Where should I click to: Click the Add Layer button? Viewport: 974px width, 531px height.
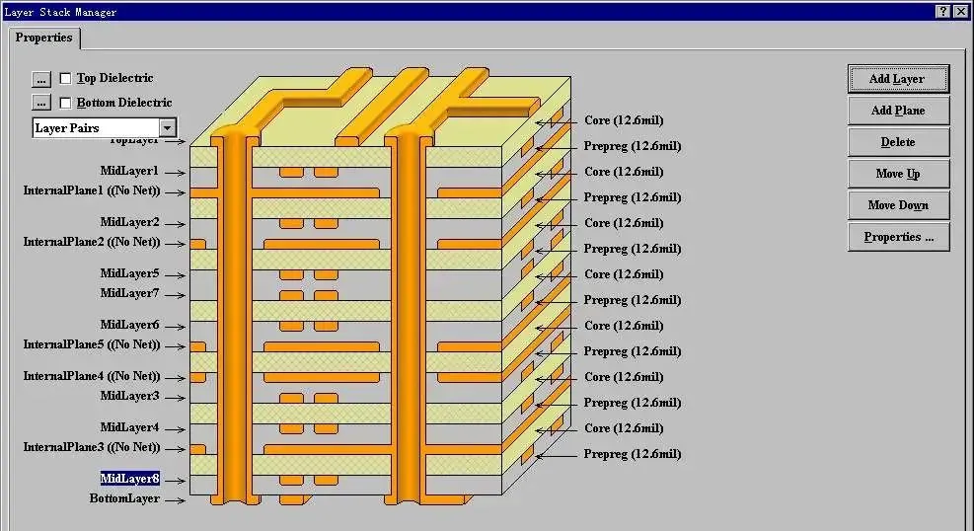click(x=897, y=79)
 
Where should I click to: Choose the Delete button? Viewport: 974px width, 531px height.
click(x=897, y=142)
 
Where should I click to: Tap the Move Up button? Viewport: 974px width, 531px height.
click(x=897, y=174)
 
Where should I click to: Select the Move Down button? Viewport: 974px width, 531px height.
click(x=897, y=205)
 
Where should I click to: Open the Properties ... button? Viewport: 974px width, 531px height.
click(x=897, y=237)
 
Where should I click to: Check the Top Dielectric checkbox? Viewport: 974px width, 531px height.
click(x=66, y=78)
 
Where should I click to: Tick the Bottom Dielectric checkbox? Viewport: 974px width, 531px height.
click(x=66, y=103)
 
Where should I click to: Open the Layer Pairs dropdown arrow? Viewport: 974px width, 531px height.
click(x=168, y=128)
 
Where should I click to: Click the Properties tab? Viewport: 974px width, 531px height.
click(x=44, y=38)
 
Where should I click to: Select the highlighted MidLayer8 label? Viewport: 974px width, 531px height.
click(x=129, y=479)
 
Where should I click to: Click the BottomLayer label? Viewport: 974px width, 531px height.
click(x=124, y=499)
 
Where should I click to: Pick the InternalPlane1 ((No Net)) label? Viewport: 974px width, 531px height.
click(x=91, y=191)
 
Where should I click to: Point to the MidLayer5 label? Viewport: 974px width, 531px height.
click(x=129, y=273)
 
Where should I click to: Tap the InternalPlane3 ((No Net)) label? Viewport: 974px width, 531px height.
click(x=91, y=447)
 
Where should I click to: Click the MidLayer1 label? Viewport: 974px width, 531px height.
click(x=129, y=171)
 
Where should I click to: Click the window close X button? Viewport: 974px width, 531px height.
click(x=961, y=12)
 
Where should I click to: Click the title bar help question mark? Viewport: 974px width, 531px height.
click(x=942, y=12)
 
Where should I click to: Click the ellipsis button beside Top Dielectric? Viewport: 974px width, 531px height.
click(x=40, y=78)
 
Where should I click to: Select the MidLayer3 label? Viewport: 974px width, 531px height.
click(x=129, y=396)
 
